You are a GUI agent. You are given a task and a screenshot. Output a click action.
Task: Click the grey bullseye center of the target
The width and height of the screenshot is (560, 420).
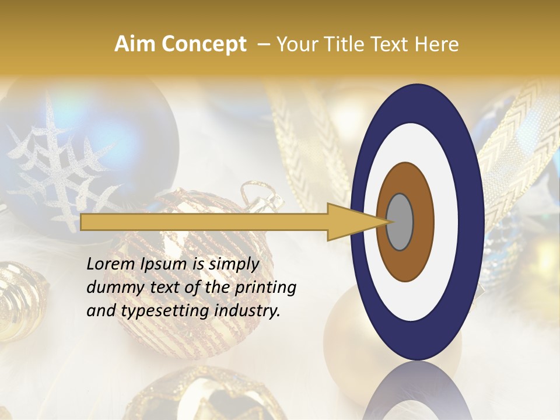(x=400, y=222)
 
